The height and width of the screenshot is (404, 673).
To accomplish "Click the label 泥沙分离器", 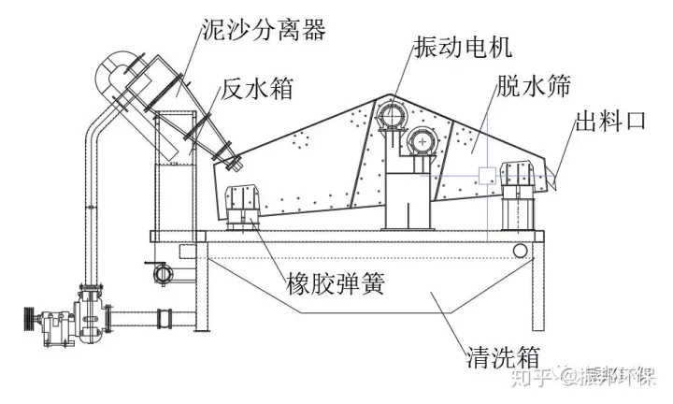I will click(x=264, y=31).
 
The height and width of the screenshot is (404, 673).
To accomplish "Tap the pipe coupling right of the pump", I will click(x=165, y=318).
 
